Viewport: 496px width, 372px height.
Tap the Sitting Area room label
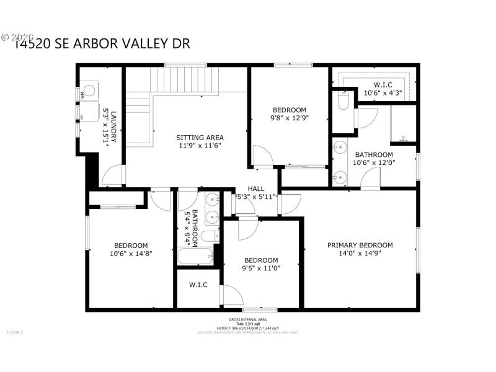coord(200,138)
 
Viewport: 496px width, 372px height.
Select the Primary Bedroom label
coord(360,245)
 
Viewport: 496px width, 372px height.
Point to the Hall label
coord(256,188)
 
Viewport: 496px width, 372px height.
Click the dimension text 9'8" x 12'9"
coord(289,118)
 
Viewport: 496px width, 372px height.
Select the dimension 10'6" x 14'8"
coord(131,253)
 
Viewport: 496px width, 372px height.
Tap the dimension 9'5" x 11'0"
coord(261,268)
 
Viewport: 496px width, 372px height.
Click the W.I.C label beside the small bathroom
coord(198,285)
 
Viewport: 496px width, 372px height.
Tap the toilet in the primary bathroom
coord(342,100)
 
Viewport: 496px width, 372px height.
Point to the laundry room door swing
coord(112,177)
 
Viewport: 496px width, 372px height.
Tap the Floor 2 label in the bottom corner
coord(14,333)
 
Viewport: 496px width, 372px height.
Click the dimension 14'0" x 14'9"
coord(360,253)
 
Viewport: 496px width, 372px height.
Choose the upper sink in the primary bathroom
coord(339,148)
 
